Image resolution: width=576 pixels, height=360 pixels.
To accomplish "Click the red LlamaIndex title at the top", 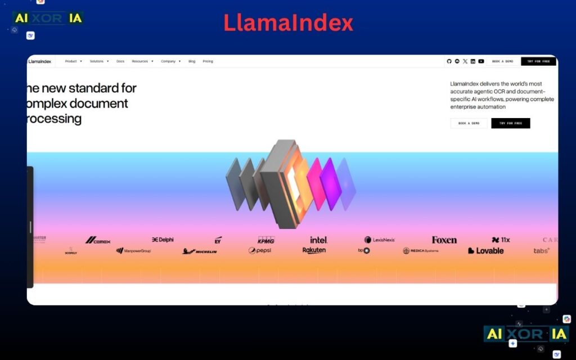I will click(288, 23).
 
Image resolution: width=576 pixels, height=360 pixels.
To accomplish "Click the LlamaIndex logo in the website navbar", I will click(40, 61).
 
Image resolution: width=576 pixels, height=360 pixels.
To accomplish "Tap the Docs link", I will click(120, 61).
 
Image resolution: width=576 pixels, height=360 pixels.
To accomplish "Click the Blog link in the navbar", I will click(192, 61).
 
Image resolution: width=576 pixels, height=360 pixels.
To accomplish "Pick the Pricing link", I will click(208, 61).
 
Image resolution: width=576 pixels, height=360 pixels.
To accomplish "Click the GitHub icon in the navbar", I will click(449, 61).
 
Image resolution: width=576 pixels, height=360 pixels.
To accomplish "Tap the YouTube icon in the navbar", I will click(481, 61).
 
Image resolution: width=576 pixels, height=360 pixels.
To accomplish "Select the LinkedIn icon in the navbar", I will click(473, 61).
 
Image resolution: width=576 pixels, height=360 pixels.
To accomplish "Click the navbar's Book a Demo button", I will click(502, 61).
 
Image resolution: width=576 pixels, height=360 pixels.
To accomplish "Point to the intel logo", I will click(318, 240).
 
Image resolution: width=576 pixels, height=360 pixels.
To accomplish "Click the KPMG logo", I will click(266, 240).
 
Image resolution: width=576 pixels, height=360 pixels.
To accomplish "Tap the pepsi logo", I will click(260, 251).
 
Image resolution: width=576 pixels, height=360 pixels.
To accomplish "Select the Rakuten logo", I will click(314, 250).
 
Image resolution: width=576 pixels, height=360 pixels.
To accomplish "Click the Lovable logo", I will click(486, 251).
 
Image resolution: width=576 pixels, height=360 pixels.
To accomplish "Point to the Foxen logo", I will click(444, 240).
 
